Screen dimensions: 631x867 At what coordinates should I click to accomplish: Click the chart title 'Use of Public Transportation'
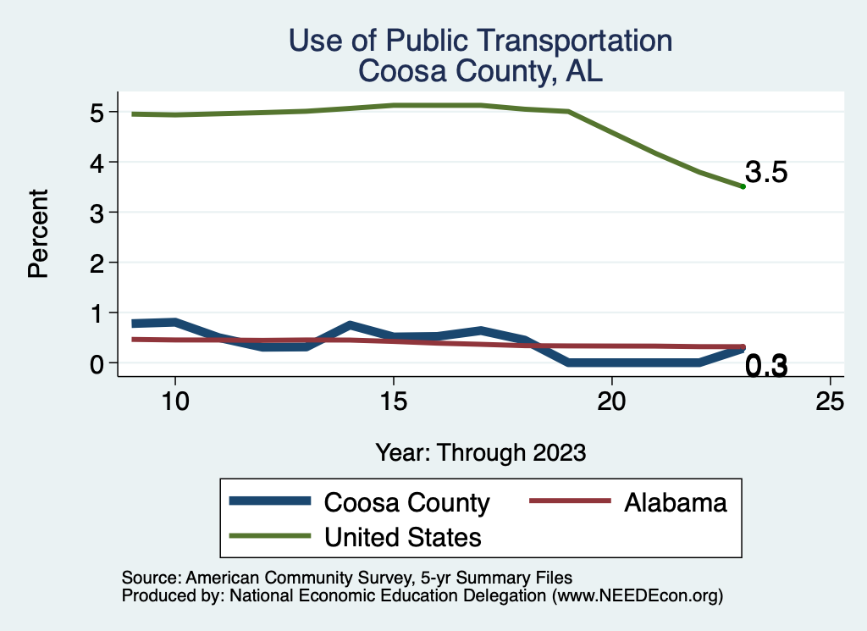[480, 41]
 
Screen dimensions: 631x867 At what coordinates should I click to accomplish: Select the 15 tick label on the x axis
[393, 401]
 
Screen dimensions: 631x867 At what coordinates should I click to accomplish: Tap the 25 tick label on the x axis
[830, 401]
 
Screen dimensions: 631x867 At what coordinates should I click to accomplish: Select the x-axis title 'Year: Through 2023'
[480, 452]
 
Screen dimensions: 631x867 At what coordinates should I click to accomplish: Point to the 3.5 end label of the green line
[766, 173]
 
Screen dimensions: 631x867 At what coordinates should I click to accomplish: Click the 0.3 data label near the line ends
[766, 367]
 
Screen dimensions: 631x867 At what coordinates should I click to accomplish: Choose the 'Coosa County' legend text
[406, 502]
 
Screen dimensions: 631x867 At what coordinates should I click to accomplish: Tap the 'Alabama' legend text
[675, 502]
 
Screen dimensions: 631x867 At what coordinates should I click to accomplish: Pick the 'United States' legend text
[403, 537]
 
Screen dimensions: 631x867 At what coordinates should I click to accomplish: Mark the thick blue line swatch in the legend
[270, 502]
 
